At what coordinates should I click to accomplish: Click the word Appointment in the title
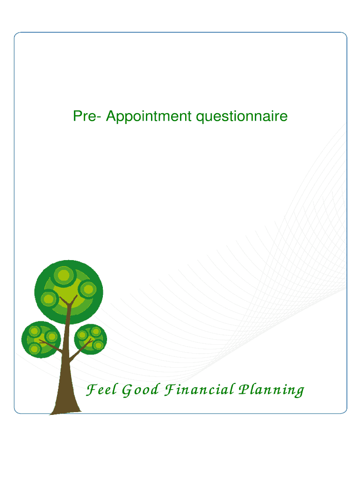click(x=149, y=116)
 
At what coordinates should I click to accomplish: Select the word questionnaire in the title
click(x=242, y=116)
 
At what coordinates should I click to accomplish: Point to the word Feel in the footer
click(x=101, y=390)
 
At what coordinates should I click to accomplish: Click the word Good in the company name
click(x=140, y=390)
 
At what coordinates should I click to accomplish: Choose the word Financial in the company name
click(x=199, y=390)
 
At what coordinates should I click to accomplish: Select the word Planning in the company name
click(x=272, y=390)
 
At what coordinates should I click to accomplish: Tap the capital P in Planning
click(x=245, y=389)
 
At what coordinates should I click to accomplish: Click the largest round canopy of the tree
click(x=69, y=292)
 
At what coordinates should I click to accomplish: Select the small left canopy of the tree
click(x=41, y=340)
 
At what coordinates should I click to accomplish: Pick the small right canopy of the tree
click(x=91, y=339)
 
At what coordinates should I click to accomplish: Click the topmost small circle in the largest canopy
click(x=64, y=274)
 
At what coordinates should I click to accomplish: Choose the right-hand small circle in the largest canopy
click(x=88, y=289)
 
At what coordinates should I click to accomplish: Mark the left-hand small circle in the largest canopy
click(x=49, y=299)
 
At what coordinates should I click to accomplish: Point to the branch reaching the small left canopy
click(x=50, y=346)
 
